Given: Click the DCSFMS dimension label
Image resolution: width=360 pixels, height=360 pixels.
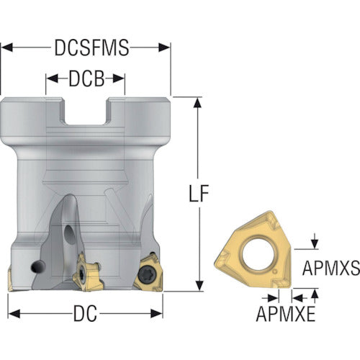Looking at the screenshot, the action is [92, 48].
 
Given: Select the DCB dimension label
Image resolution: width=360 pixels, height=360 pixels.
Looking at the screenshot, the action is [86, 78].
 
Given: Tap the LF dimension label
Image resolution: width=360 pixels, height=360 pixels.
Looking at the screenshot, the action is [199, 193].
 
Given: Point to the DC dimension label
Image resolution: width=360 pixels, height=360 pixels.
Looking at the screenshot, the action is [85, 313].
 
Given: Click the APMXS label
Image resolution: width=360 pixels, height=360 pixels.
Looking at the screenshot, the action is [331, 268].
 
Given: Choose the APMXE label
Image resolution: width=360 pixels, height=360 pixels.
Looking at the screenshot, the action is [286, 314].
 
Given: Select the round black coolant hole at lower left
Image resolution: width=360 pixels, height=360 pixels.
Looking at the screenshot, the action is [38, 266].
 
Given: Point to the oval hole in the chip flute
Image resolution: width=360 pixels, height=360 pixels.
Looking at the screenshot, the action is [70, 235].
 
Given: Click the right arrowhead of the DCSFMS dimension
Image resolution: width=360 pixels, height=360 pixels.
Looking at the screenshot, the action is [164, 48].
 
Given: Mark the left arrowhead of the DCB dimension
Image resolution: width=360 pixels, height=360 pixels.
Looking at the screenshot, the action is [52, 78].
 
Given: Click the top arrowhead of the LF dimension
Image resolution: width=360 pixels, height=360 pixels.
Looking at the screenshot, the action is [197, 103].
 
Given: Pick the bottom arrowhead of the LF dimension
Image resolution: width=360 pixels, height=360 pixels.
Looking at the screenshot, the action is [199, 286].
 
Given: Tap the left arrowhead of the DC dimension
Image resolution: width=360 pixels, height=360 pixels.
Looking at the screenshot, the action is [14, 313].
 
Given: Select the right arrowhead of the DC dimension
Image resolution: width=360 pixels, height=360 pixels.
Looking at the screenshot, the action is [157, 313].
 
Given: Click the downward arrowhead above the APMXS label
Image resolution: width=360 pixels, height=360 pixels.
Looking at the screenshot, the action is [315, 243].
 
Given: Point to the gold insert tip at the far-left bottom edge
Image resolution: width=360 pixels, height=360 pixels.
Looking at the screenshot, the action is [10, 279].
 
